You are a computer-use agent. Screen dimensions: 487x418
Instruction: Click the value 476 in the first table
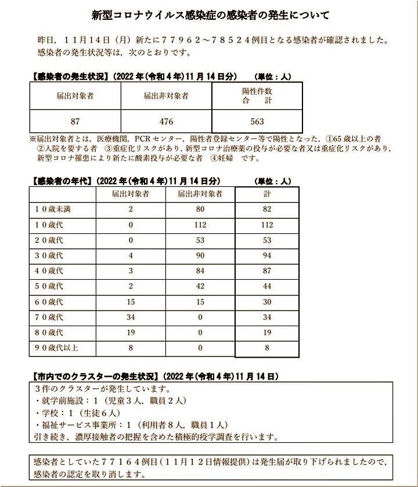pyautogui.click(x=166, y=121)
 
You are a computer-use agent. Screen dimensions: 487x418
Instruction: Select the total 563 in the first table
pyautogui.click(x=257, y=121)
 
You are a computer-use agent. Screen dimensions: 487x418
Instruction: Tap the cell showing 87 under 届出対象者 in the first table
pyautogui.click(x=75, y=121)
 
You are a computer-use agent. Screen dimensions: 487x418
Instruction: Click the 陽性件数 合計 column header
pyautogui.click(x=257, y=96)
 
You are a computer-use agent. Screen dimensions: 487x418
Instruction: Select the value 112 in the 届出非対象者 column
pyautogui.click(x=200, y=225)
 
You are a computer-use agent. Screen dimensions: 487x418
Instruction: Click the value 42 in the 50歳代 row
pyautogui.click(x=200, y=287)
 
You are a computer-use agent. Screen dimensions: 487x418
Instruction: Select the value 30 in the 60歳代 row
pyautogui.click(x=267, y=302)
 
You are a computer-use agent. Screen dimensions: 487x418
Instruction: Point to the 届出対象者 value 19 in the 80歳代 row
pyautogui.click(x=131, y=333)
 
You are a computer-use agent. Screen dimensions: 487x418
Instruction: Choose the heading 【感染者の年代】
pyautogui.click(x=60, y=181)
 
